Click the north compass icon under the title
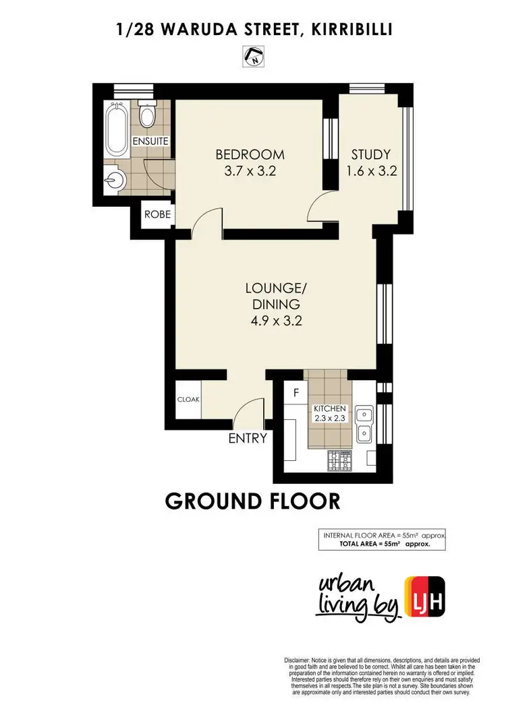coord(253,57)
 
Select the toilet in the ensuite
coord(147,115)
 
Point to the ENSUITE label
coord(150,142)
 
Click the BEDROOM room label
coord(250,154)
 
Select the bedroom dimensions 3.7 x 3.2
coord(250,171)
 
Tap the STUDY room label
coord(370,154)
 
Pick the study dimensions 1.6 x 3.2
coord(370,171)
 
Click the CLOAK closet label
coord(188,399)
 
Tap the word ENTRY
coord(248,439)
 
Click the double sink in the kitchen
coord(364,422)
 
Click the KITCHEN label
coord(329,409)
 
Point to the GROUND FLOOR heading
coord(253,502)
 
